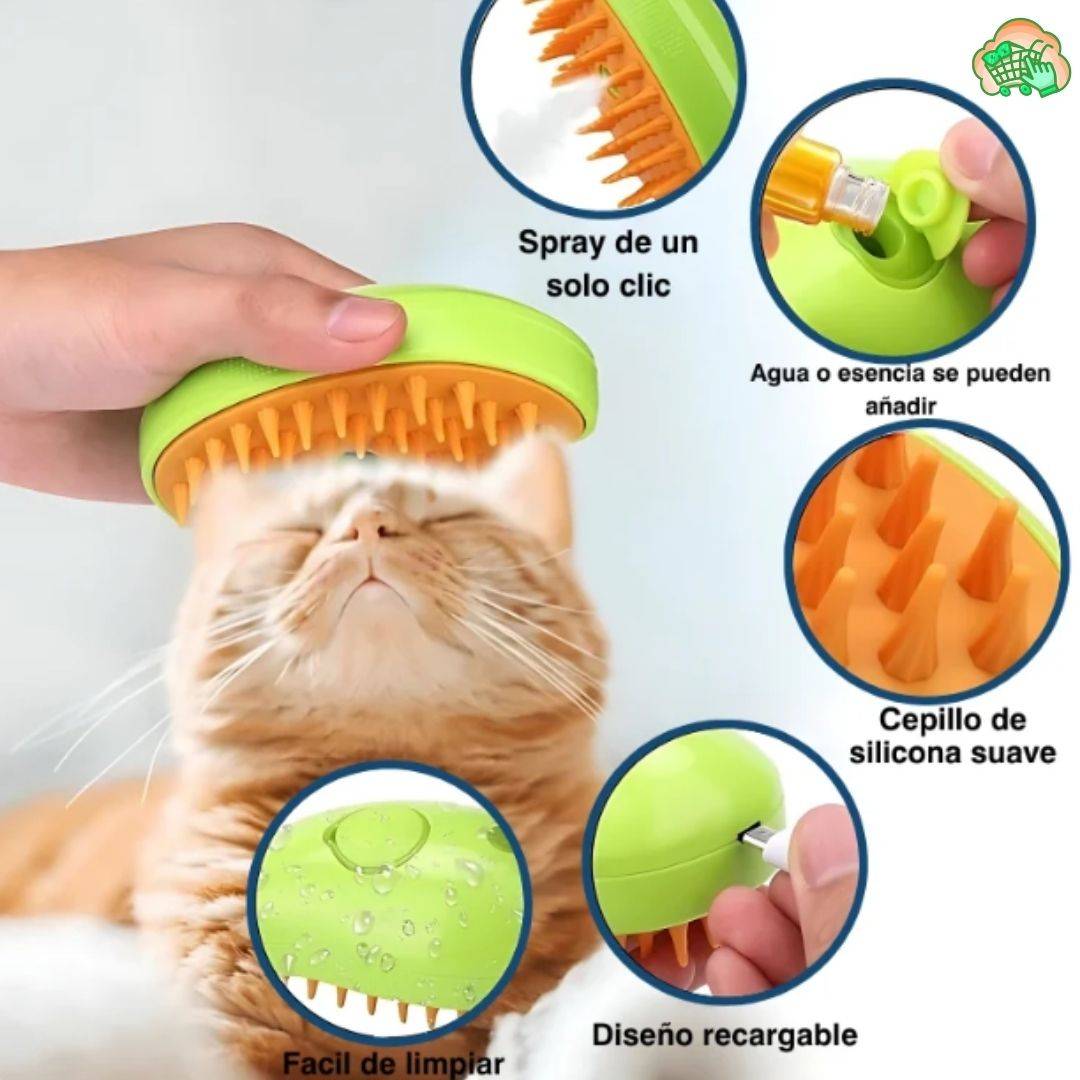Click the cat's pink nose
tap(372, 528)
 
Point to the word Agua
tap(780, 375)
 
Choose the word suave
tap(1011, 752)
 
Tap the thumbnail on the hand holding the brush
tap(365, 317)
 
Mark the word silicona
tap(916, 752)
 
